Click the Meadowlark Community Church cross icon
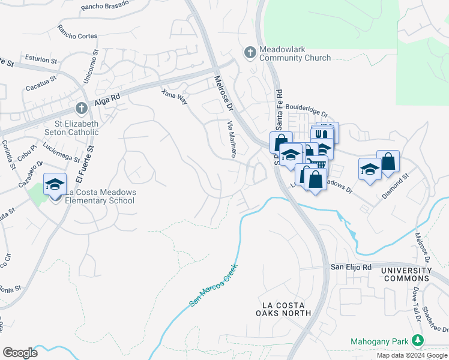click(x=250, y=53)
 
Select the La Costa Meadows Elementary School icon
click(x=55, y=185)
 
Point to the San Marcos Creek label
click(x=214, y=286)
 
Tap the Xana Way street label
click(x=175, y=97)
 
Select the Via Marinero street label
click(x=231, y=139)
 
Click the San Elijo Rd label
click(x=352, y=266)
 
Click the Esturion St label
click(x=41, y=59)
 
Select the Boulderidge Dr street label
click(x=307, y=110)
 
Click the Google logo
click(x=20, y=353)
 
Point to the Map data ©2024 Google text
click(x=411, y=355)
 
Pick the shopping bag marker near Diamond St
click(x=388, y=161)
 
